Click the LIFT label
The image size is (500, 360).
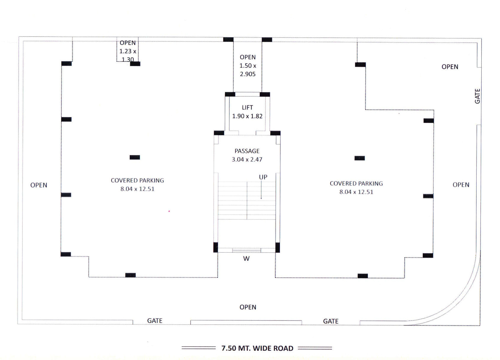pos(247,107)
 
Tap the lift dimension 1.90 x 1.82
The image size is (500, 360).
pos(247,116)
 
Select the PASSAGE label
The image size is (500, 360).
pos(247,151)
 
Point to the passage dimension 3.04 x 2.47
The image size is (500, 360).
pos(247,159)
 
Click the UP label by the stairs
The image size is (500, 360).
pos(263,177)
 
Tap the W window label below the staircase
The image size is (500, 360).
pos(246,258)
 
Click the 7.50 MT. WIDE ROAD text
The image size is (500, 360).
pos(257,348)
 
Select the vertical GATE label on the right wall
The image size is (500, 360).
pos(477,96)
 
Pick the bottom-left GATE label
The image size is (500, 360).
pos(155,321)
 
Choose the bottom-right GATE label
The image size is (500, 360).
pos(331,321)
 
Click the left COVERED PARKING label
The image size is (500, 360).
pos(137,180)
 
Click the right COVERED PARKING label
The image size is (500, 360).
pos(356,184)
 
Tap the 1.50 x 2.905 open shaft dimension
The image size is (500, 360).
pos(248,70)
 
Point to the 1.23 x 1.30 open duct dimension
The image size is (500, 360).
pos(128,55)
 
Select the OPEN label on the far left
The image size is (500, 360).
pos(39,185)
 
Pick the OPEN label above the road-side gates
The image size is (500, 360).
pos(248,307)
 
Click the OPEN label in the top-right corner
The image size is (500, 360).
pos(450,67)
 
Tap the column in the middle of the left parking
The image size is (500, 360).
pos(135,157)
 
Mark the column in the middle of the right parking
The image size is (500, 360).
pos(360,158)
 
